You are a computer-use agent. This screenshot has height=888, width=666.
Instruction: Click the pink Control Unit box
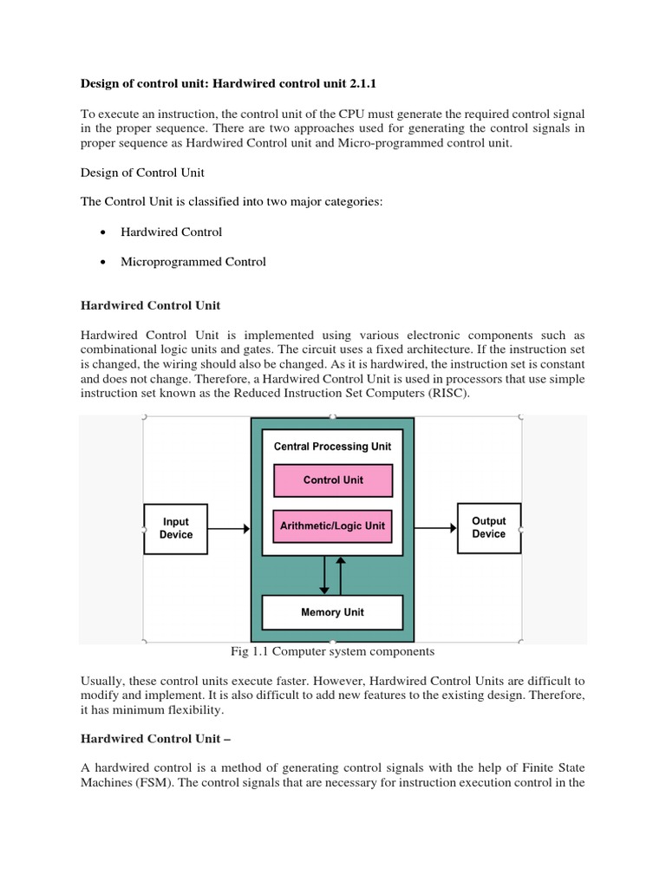click(x=333, y=480)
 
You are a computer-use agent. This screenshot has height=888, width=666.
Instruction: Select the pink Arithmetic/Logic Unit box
click(x=333, y=526)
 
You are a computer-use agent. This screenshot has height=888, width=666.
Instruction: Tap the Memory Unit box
click(x=332, y=612)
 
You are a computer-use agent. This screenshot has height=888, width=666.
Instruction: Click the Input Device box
click(x=175, y=528)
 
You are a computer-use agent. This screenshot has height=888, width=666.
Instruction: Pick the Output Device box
click(x=488, y=527)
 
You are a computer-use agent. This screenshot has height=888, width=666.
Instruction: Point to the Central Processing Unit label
click(x=332, y=447)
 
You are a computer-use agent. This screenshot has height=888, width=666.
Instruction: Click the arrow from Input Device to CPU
click(x=229, y=528)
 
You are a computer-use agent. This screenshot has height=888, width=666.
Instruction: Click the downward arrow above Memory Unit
click(x=325, y=575)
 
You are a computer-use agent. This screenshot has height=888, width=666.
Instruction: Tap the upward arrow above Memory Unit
click(x=340, y=575)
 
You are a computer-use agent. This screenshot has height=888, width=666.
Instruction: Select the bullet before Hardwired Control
click(x=103, y=232)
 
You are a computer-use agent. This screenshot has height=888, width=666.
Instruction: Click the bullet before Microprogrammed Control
click(x=103, y=262)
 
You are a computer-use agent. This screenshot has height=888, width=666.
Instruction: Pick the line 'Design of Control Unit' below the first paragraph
click(x=142, y=173)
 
